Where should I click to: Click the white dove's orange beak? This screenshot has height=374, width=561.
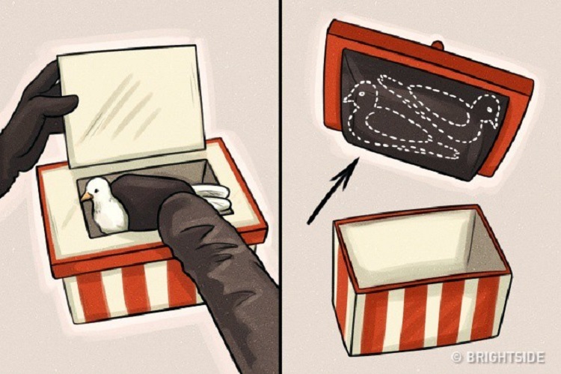pos(86,196)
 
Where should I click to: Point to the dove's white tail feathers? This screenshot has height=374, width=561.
pos(214,197)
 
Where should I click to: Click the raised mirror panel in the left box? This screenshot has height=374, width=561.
pos(131,106)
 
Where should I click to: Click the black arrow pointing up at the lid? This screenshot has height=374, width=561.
pos(333,191)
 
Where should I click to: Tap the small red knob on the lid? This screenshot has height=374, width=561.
pos(438,45)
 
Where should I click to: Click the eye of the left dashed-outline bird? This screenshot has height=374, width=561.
pos(361,94)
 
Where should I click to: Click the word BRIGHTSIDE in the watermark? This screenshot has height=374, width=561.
pos(504,358)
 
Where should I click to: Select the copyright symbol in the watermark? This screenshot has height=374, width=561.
pos(456,358)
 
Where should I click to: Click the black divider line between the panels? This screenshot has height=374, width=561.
pos(280,187)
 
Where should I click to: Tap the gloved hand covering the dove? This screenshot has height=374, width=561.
pos(154,201)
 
